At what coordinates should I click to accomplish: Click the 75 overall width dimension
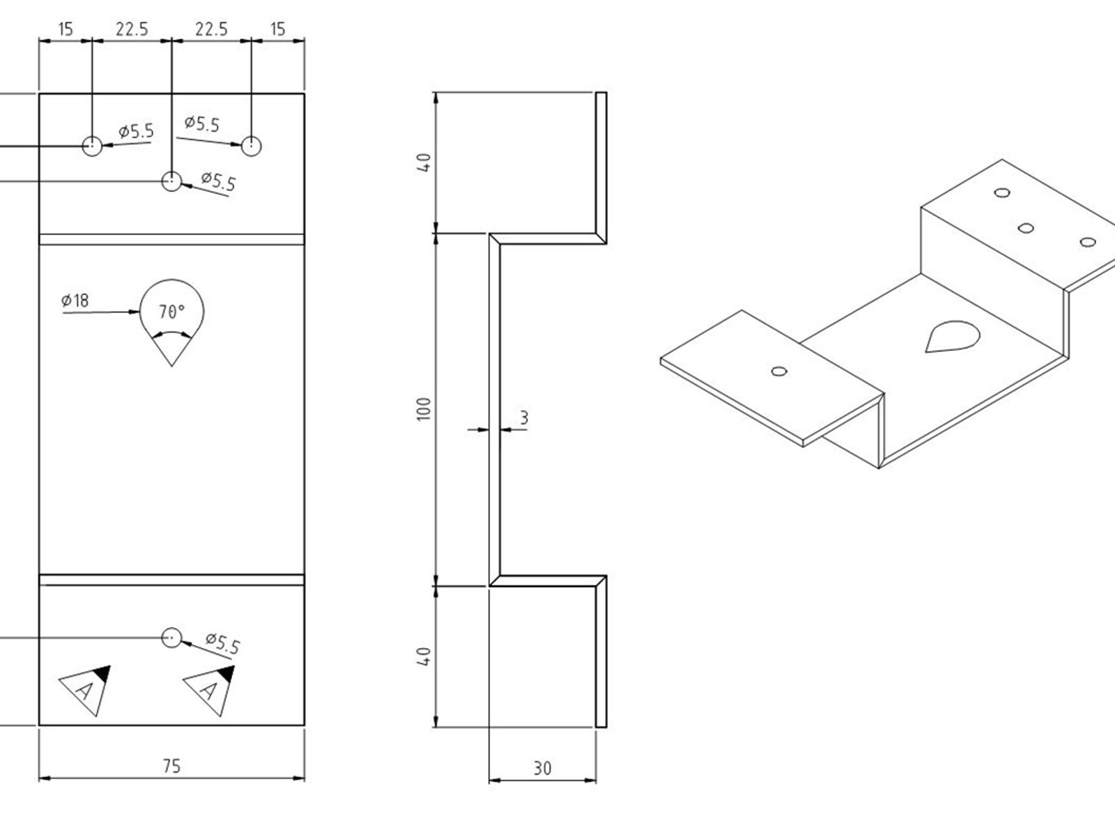coord(171,766)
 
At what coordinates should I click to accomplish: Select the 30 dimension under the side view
coord(543,769)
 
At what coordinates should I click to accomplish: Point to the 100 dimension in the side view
coord(424,409)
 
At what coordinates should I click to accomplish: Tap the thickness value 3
coord(523,417)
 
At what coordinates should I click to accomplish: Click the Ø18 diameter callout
coord(75,300)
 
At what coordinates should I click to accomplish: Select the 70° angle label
coord(171,312)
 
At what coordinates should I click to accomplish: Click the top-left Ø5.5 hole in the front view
coord(92,146)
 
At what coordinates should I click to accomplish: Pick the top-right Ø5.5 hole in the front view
coord(252,146)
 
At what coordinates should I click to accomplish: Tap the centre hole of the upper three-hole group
coord(171,181)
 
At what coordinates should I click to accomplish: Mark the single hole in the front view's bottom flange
coord(171,638)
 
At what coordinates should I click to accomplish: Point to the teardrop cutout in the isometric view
coord(952,336)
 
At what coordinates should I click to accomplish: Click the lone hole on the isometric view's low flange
coord(779,371)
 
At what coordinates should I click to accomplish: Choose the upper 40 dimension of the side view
coord(424,162)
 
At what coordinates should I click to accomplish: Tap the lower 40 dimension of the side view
coord(424,657)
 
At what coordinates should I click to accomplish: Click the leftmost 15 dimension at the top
coord(66,29)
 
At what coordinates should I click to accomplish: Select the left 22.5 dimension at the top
coord(132,29)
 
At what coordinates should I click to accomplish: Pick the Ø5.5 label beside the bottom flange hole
coord(223,643)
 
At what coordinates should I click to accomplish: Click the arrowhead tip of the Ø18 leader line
coord(139,312)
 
